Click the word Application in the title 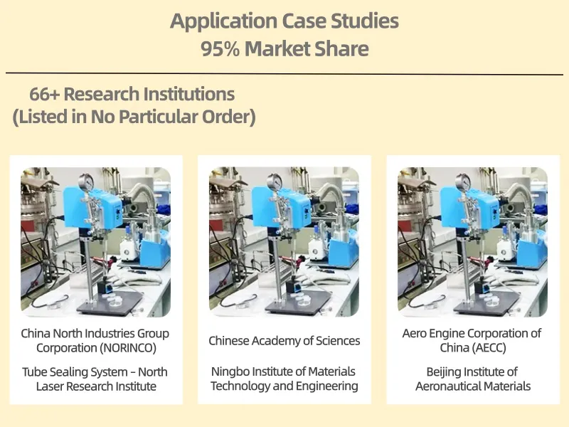[223, 21]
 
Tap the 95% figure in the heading [220, 48]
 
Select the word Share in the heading [341, 48]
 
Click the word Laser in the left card [50, 386]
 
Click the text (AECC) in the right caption [490, 348]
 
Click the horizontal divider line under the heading [284, 74]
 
